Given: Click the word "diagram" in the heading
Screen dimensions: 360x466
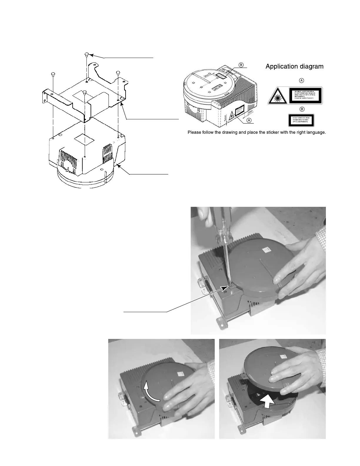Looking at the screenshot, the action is (311, 66).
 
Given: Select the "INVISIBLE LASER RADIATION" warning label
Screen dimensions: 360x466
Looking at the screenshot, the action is (306, 95).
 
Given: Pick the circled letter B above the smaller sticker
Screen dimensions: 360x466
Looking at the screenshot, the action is (301, 109).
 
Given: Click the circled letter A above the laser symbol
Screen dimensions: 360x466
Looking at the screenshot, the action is (301, 80).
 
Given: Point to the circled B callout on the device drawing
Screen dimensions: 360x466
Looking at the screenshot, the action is (241, 65).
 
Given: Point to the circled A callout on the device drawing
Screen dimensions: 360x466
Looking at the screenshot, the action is (249, 120).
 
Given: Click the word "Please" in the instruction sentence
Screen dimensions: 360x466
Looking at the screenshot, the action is (195, 132).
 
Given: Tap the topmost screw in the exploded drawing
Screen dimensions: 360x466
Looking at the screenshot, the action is (87, 54).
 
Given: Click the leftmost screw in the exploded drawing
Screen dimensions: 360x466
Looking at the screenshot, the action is (53, 74).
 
